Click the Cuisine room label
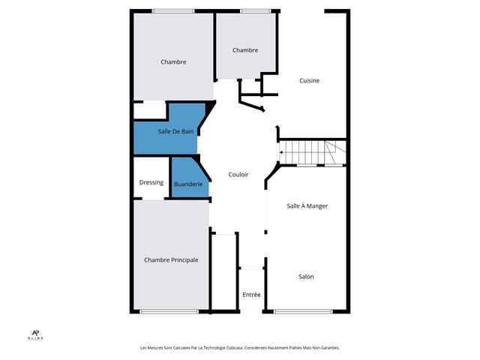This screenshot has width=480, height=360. [x=309, y=80]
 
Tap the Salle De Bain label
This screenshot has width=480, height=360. [x=175, y=132]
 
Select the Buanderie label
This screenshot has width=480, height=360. [x=188, y=184]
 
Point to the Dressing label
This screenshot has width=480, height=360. [x=151, y=182]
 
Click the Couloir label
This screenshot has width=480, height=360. [x=238, y=175]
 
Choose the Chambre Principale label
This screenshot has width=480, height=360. [x=171, y=260]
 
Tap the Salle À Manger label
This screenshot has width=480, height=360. [x=307, y=206]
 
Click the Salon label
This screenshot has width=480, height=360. [x=306, y=277]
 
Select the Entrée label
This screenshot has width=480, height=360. [x=251, y=295]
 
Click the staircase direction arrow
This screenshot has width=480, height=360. [x=280, y=152]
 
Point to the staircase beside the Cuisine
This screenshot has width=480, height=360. [x=313, y=152]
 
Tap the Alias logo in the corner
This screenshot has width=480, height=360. [x=35, y=335]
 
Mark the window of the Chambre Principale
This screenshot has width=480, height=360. [x=169, y=312]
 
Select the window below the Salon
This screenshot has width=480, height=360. [x=303, y=312]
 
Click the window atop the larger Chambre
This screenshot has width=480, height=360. [x=173, y=11]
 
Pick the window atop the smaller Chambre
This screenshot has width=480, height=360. [x=255, y=11]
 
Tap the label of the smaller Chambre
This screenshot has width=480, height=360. [x=245, y=50]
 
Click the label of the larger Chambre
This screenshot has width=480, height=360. [x=173, y=61]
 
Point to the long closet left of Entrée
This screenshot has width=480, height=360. [x=223, y=271]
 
